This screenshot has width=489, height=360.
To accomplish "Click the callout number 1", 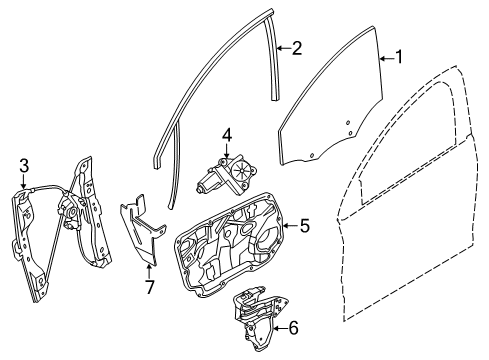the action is pos(399,57).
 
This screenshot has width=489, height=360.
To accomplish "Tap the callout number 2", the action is pos(296,48).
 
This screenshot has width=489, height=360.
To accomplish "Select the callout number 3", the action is pos(24,166).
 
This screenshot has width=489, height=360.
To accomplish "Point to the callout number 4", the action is pos(227,136).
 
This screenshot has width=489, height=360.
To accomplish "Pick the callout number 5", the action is pos(305,226).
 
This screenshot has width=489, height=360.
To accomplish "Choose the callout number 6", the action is pos(293,329).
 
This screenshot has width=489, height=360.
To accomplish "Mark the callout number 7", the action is pos(149,287).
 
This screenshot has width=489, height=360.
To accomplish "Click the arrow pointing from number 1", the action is pos(387,59).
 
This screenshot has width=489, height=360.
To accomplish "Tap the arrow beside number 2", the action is pos(283,49).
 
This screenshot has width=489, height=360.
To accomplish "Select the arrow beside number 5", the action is pos(291,226).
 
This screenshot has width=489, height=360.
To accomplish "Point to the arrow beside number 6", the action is pos(281,329).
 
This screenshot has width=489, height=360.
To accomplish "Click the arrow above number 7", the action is pos(149,271).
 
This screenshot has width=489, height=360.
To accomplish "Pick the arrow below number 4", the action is pos(227,151).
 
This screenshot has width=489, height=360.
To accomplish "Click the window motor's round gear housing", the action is pos(242,170).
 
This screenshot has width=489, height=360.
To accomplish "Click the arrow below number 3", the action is pos(23,182).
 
